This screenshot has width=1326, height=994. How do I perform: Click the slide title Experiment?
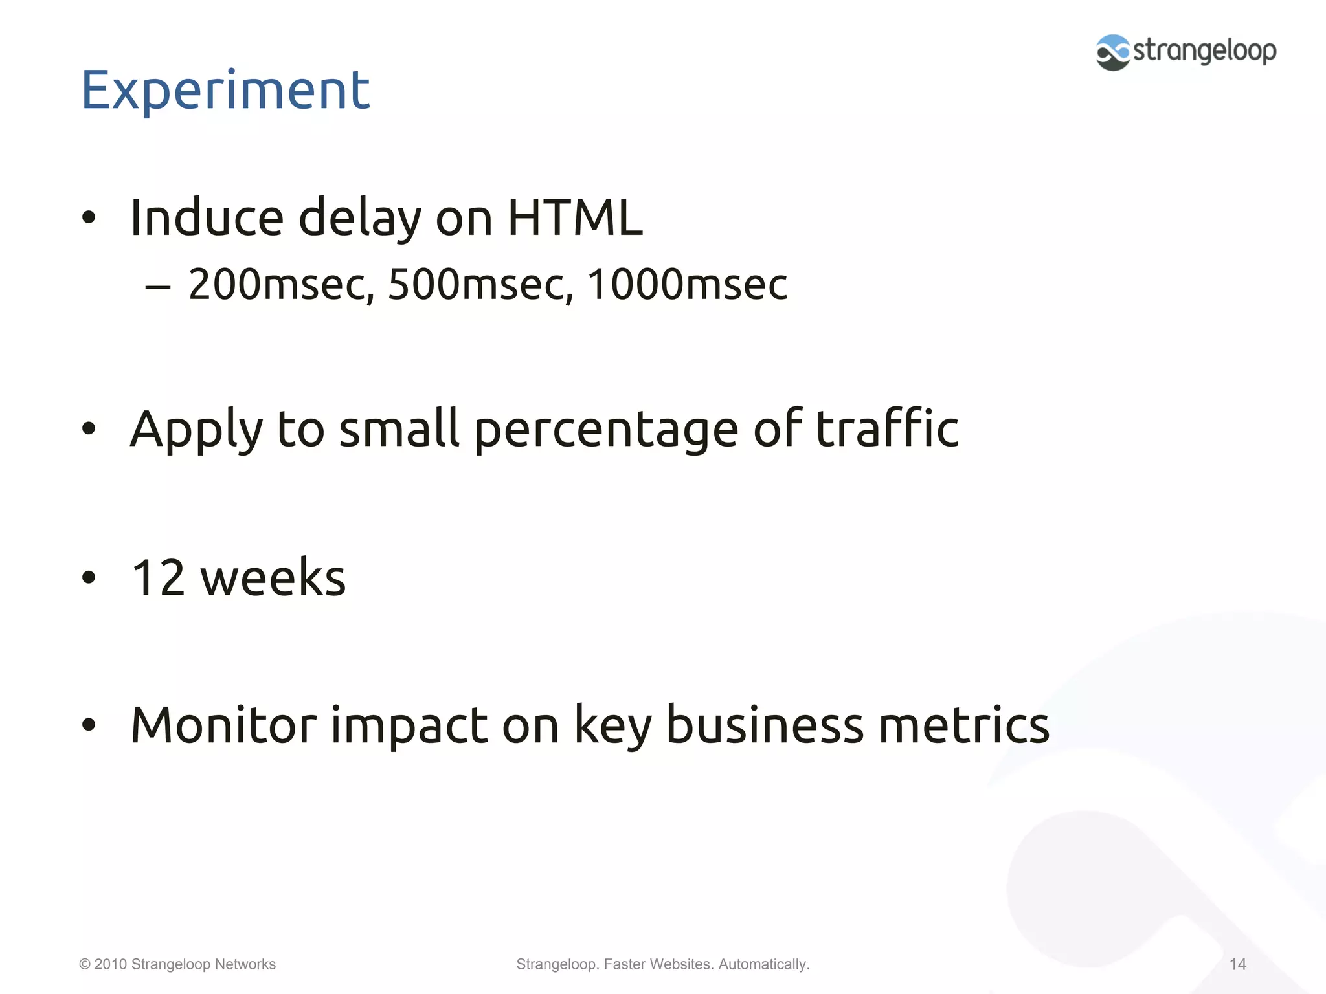click(225, 91)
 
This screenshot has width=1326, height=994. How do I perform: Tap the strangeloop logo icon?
click(1112, 52)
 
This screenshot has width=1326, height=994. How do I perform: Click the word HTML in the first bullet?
click(575, 217)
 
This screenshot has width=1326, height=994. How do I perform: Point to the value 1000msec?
click(687, 285)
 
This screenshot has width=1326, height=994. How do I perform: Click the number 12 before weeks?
click(159, 577)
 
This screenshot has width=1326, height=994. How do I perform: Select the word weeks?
click(273, 577)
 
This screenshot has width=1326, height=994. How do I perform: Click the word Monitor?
click(223, 725)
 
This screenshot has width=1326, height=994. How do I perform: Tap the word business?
click(765, 725)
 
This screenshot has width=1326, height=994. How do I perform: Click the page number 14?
click(1237, 964)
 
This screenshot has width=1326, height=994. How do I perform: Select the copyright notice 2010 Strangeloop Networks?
click(177, 964)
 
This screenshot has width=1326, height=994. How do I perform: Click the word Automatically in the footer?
click(763, 964)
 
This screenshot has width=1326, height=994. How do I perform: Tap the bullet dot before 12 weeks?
click(89, 577)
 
